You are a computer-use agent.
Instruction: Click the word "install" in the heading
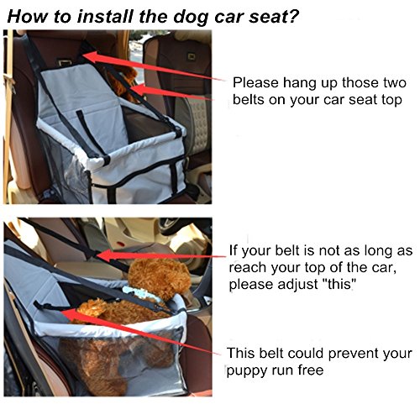pyautogui.click(x=105, y=16)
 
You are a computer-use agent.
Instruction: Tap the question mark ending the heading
pyautogui.click(x=292, y=16)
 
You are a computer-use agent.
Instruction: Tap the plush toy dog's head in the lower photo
pyautogui.click(x=160, y=277)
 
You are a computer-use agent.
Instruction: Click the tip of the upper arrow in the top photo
pyautogui.click(x=83, y=55)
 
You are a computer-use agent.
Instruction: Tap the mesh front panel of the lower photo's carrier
pyautogui.click(x=120, y=361)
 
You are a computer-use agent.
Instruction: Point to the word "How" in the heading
pyautogui.click(x=28, y=16)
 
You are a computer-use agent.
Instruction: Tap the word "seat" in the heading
pyautogui.click(x=266, y=17)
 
